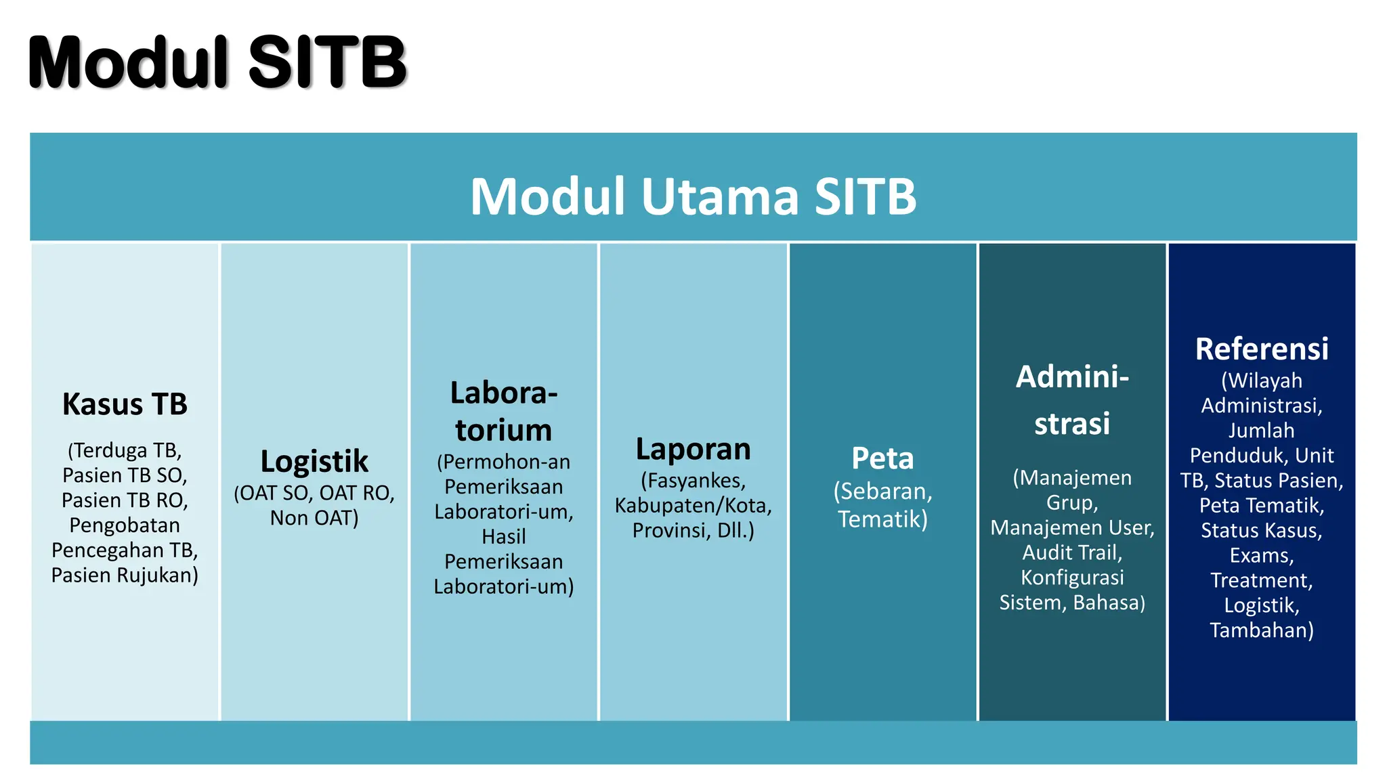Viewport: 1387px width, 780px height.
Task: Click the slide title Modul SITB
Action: [217, 62]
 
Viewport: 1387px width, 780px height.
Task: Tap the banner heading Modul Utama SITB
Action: [693, 196]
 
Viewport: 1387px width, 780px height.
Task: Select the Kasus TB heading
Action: [125, 404]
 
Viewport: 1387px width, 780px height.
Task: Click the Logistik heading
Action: [314, 462]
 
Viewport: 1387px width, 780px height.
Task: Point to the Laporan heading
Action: [693, 450]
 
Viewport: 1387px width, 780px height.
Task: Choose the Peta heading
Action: [882, 458]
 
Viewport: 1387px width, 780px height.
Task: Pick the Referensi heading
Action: [1261, 349]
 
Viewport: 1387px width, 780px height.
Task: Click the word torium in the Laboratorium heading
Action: [503, 430]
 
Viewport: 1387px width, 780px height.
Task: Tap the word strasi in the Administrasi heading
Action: [1072, 424]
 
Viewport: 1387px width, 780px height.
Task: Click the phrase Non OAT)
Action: [314, 518]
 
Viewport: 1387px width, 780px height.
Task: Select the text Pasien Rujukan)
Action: [125, 576]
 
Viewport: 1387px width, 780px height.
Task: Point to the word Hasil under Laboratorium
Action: [503, 537]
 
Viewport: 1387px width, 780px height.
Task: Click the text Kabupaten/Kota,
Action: [693, 506]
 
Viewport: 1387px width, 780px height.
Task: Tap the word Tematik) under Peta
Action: [882, 519]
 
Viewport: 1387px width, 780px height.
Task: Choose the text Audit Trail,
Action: [1072, 553]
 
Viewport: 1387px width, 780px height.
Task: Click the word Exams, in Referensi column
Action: [1261, 556]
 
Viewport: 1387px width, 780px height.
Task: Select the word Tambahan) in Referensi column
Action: [1261, 630]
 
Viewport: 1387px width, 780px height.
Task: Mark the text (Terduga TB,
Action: [125, 451]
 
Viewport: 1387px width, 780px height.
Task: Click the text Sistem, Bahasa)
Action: [1072, 603]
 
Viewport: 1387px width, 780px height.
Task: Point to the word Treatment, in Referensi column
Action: [1261, 581]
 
